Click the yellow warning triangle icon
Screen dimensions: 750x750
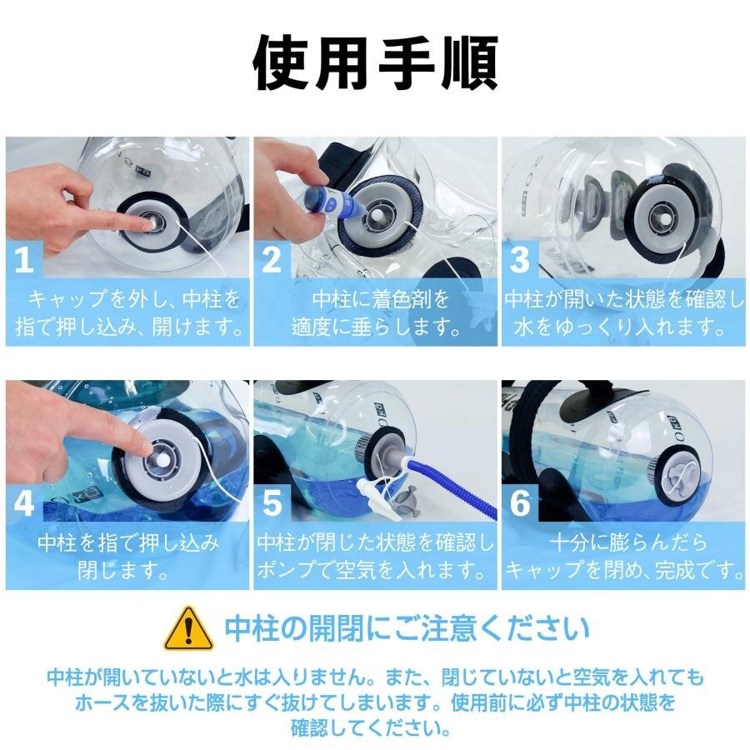point(188,628)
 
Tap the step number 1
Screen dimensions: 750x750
point(24,260)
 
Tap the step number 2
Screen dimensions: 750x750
point(272,260)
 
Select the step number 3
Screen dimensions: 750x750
point(519,260)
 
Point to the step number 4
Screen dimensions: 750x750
point(24,503)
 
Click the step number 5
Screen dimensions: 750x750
point(272,503)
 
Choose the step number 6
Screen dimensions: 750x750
point(520,503)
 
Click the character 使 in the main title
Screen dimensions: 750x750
point(281,63)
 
